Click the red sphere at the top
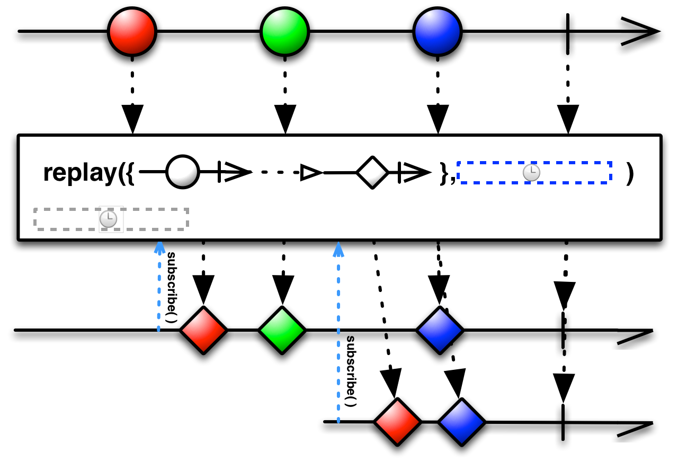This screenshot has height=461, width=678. (132, 32)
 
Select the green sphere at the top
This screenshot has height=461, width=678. (284, 32)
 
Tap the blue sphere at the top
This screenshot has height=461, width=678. (437, 32)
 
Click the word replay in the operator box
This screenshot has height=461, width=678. (79, 172)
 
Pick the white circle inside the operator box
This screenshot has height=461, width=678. (183, 172)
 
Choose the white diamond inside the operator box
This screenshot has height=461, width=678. (372, 172)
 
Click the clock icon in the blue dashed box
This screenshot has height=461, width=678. (531, 173)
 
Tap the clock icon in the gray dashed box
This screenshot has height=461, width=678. (108, 219)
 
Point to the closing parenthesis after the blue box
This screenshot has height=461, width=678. (629, 173)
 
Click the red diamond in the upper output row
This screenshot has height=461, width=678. (203, 330)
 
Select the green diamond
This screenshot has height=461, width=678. (282, 330)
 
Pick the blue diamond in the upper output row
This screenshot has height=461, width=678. (440, 330)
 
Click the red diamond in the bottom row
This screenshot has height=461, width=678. (397, 422)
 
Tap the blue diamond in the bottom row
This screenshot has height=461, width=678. (461, 422)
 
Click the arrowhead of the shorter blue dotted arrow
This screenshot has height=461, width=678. (159, 247)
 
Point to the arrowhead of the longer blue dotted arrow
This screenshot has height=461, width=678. (338, 249)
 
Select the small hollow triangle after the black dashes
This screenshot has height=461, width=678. (311, 172)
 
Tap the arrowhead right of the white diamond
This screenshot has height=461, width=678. (417, 172)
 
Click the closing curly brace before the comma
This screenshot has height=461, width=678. (444, 173)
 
